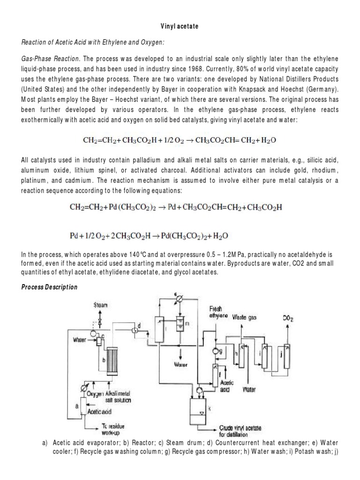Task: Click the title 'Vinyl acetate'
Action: tap(180, 27)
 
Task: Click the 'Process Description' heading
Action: tap(49, 287)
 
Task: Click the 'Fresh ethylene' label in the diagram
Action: tap(219, 312)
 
